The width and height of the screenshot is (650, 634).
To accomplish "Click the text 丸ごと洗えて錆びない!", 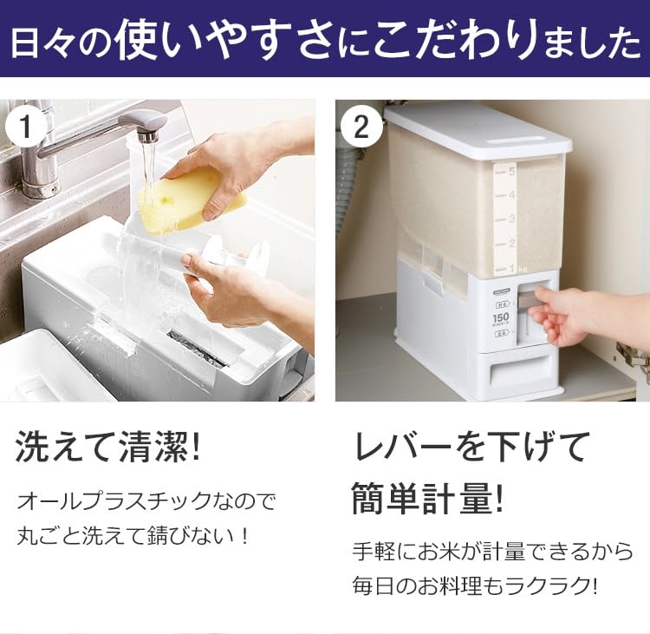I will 134,535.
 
